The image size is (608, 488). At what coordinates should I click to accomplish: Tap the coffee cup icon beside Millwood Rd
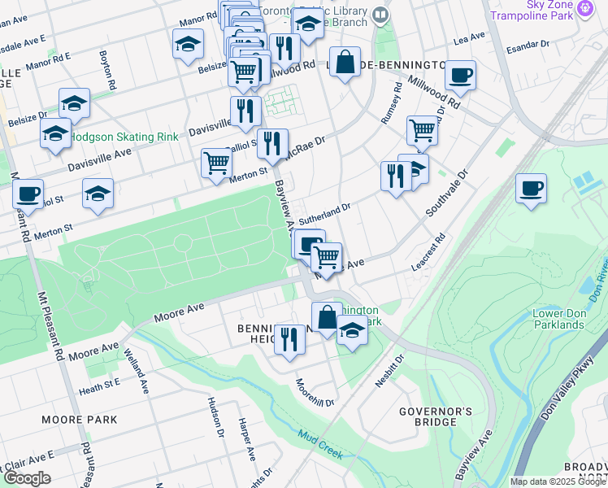[461, 76]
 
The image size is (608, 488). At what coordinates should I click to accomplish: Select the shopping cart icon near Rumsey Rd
[422, 129]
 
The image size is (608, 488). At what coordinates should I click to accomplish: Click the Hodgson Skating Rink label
[124, 137]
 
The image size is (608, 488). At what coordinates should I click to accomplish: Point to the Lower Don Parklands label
[558, 319]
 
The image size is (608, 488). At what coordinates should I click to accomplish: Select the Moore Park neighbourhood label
[80, 420]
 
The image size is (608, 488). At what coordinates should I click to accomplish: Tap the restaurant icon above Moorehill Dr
[289, 338]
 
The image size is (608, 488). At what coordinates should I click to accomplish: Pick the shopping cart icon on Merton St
[216, 162]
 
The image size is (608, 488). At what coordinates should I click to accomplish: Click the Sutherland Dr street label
[324, 213]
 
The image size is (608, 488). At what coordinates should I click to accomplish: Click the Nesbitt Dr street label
[389, 370]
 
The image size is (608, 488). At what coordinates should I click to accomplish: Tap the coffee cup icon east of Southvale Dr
[532, 189]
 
